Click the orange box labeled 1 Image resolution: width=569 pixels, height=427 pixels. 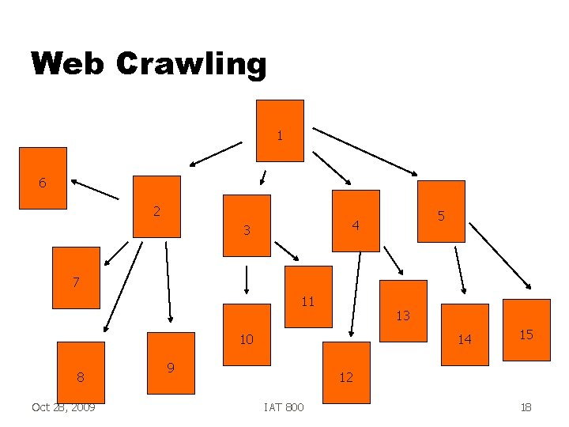280,130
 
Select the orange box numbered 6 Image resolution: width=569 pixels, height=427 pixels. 43,178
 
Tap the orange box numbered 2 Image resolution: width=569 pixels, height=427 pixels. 156,206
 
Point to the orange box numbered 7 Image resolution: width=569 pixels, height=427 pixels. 76,278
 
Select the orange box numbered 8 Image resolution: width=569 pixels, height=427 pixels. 81,372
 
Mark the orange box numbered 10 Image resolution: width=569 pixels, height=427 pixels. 247,334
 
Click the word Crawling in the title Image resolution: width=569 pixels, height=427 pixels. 191,63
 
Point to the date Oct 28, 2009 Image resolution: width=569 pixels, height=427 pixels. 63,407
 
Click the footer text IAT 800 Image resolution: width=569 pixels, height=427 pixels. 284,407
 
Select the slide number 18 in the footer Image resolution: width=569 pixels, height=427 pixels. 526,407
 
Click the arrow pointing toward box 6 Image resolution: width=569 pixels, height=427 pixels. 93,187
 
